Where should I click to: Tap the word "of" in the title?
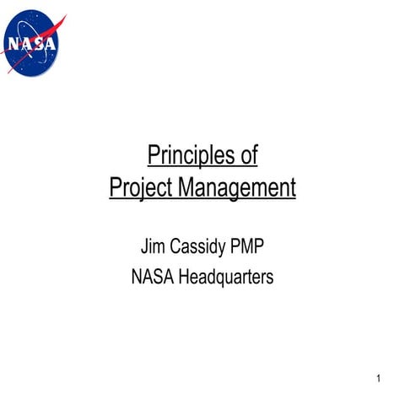tap(248, 156)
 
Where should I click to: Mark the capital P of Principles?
tap(154, 156)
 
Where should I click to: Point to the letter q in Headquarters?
tap(223, 278)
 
